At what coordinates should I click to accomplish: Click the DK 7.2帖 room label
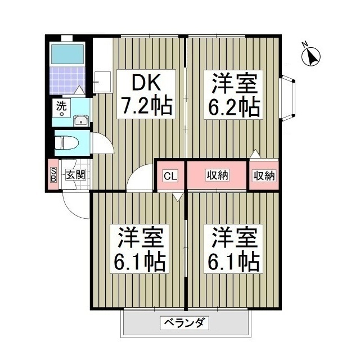144,96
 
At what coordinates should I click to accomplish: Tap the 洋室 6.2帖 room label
235,96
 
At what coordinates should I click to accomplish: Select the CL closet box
170,176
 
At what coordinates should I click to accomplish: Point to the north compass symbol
311,56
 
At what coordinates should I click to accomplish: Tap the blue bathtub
66,54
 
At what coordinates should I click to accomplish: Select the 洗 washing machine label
60,105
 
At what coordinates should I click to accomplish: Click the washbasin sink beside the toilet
80,120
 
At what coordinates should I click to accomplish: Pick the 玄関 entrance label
75,175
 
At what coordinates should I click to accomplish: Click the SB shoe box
53,175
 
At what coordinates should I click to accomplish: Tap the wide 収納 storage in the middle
217,176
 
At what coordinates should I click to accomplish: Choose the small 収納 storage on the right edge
263,176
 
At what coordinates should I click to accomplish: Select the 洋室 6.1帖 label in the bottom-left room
141,249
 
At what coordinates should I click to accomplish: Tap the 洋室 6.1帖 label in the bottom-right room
235,249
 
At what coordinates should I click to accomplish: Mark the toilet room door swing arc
101,143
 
